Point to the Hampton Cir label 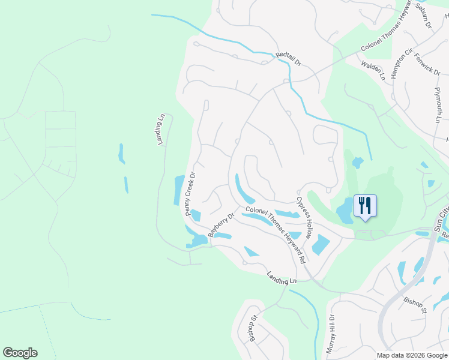pyautogui.click(x=401, y=62)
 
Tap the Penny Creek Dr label pyautogui.click(x=191, y=194)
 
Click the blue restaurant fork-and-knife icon pyautogui.click(x=365, y=206)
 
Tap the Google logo pyautogui.click(x=20, y=353)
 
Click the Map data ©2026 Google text pyautogui.click(x=411, y=355)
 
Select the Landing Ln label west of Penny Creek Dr pyautogui.click(x=160, y=129)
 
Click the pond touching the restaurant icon pyautogui.click(x=346, y=212)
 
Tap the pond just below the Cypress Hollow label pyautogui.click(x=320, y=245)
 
